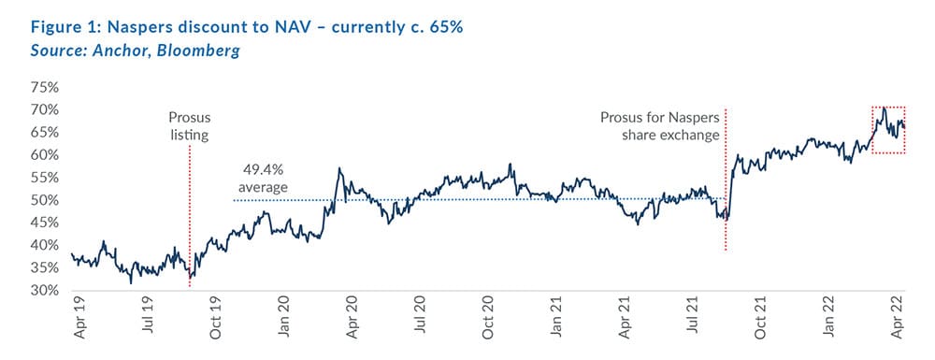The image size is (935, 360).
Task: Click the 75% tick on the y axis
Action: (x=46, y=87)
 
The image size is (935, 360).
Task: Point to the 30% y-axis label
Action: (x=46, y=290)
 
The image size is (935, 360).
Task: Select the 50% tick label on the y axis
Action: (x=46, y=200)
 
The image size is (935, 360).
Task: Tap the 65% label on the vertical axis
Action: (x=46, y=132)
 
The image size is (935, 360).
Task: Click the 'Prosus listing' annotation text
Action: (x=189, y=126)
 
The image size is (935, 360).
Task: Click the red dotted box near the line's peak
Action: (x=887, y=129)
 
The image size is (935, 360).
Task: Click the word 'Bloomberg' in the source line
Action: (x=197, y=50)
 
